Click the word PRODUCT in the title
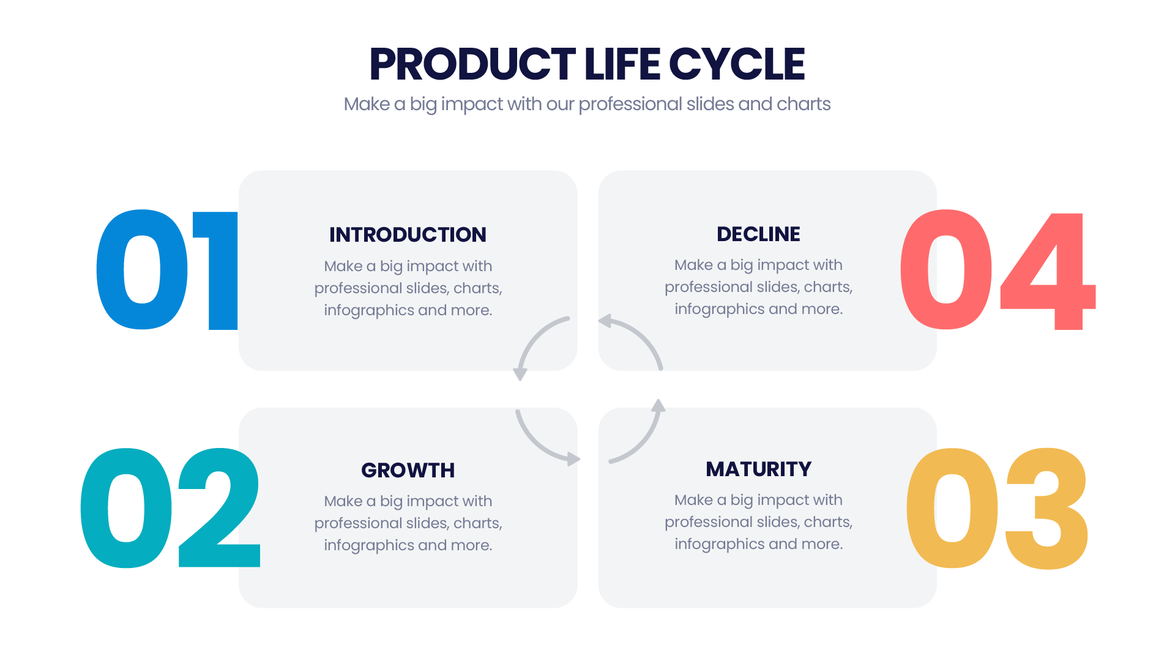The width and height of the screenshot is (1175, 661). point(472,64)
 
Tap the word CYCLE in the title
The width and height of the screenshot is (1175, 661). point(737,64)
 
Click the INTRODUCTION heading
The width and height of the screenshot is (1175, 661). point(408,234)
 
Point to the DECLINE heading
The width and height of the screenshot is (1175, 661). point(758,234)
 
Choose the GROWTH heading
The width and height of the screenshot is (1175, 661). point(408,470)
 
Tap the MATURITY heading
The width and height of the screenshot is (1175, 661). point(758,469)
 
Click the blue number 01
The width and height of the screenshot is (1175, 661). point(167,270)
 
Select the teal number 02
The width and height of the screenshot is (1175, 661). point(171,508)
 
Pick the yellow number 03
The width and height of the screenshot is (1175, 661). point(997,508)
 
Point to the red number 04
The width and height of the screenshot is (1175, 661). point(998,270)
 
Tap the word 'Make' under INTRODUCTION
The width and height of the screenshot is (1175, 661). point(343,266)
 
